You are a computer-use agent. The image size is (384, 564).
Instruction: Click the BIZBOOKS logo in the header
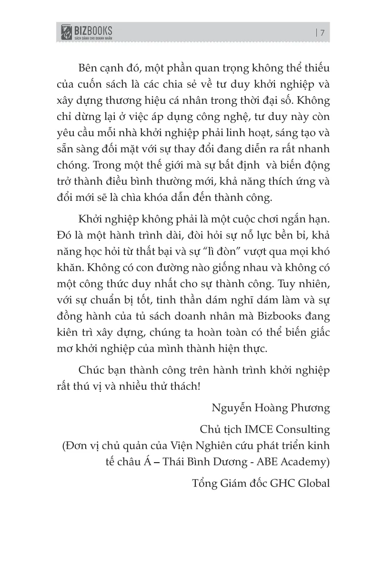(x=86, y=33)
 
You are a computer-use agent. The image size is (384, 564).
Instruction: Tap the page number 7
(x=323, y=33)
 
